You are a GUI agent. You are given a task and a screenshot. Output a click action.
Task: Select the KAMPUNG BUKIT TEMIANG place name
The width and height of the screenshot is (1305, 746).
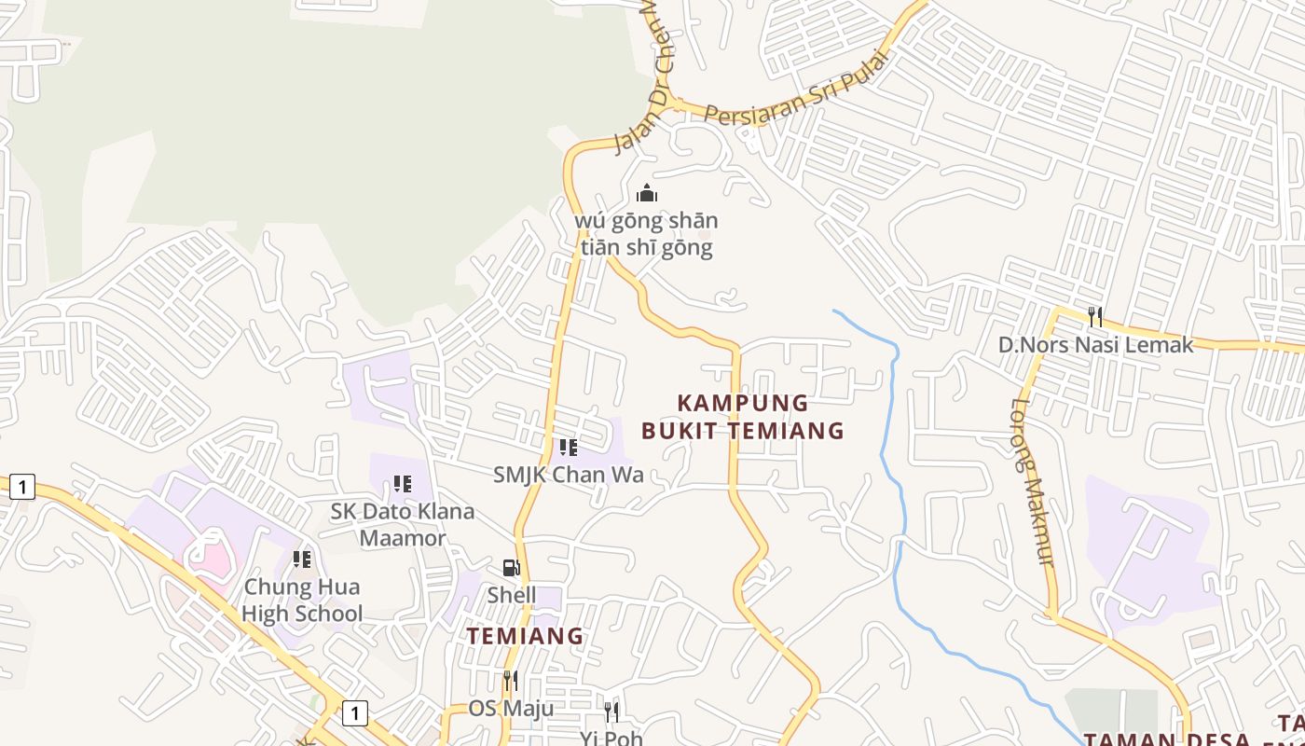(742, 417)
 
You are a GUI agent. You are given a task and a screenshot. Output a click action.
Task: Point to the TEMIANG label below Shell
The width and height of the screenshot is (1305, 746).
(525, 636)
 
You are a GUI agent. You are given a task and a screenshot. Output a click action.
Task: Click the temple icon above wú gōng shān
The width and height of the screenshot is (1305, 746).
(646, 194)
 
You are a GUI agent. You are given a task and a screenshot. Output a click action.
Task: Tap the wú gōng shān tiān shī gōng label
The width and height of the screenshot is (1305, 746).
(646, 234)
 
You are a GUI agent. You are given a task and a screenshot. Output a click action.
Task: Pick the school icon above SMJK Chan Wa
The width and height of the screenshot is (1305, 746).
(568, 448)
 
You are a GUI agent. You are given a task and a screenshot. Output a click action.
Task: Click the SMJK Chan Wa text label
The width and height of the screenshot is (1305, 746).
(568, 475)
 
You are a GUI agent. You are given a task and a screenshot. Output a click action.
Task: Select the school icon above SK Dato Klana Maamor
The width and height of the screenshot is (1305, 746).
(403, 484)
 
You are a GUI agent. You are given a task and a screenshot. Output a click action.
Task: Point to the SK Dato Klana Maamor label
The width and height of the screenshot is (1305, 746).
(403, 524)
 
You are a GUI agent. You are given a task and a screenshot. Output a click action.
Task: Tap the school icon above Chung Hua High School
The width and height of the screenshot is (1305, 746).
(301, 559)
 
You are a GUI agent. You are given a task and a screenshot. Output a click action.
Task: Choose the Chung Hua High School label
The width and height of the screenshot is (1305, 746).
(301, 601)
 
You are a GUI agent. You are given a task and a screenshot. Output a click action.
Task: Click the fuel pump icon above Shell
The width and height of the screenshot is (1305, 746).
(511, 568)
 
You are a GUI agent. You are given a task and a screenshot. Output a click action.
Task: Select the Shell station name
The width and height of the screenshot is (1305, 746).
(511, 594)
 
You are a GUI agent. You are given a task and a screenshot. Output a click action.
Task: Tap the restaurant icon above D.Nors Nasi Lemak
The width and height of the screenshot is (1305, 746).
(1095, 317)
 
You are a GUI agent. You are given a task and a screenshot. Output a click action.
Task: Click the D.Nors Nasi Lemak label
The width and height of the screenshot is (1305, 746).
(1095, 345)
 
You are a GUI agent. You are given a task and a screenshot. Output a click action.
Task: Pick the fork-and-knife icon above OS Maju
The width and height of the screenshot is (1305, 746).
(510, 681)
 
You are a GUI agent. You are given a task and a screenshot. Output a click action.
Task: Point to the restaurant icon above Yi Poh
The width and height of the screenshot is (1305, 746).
(611, 712)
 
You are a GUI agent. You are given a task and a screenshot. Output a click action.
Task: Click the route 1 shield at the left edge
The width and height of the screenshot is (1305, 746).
(22, 486)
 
